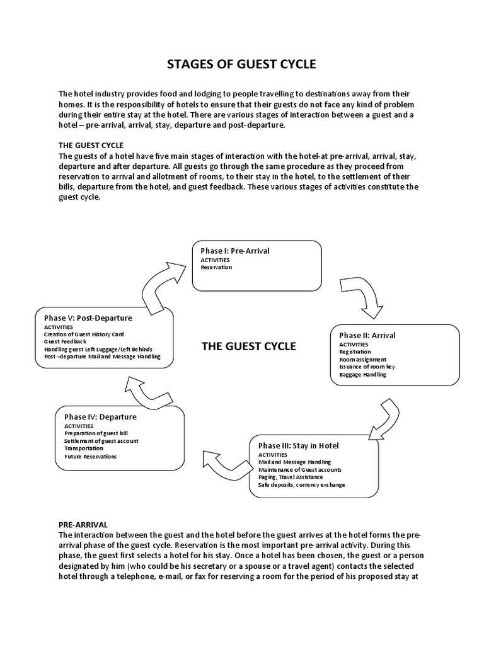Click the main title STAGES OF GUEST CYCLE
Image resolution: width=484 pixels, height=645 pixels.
pyautogui.click(x=241, y=64)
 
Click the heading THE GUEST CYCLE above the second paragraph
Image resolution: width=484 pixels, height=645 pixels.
pyautogui.click(x=91, y=145)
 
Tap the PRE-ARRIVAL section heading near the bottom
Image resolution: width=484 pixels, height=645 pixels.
pyautogui.click(x=83, y=524)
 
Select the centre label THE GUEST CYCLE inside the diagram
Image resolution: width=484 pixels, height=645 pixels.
pyautogui.click(x=248, y=346)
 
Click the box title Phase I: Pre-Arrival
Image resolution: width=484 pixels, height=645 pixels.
pyautogui.click(x=235, y=251)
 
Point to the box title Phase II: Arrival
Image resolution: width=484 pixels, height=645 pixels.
pyautogui.click(x=367, y=335)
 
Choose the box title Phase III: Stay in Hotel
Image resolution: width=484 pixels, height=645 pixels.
pyautogui.click(x=299, y=445)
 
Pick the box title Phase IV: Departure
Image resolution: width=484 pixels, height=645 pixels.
pyautogui.click(x=100, y=416)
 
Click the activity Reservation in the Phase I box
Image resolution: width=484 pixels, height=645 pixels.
pyautogui.click(x=216, y=267)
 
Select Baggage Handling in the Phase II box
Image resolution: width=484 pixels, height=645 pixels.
pyautogui.click(x=362, y=375)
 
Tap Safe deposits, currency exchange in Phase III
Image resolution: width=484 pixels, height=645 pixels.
pyautogui.click(x=302, y=485)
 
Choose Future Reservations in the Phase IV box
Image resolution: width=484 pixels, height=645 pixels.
pyautogui.click(x=90, y=457)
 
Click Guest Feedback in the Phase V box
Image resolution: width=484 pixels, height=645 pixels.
pyautogui.click(x=64, y=341)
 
